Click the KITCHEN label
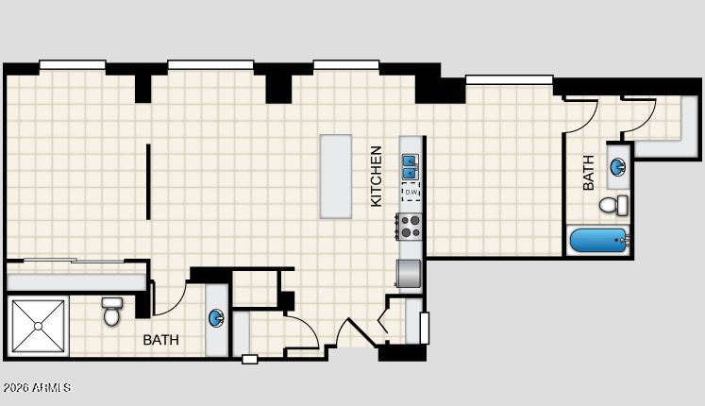(377, 177)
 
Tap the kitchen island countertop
(336, 177)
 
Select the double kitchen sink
(410, 167)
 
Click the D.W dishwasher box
(411, 192)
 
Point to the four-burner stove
(410, 227)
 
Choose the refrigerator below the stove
(409, 273)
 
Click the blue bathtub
(599, 241)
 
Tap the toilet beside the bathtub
(613, 206)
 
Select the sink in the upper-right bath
(618, 167)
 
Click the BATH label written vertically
(588, 173)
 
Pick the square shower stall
(38, 326)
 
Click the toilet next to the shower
(111, 312)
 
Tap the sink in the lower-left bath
(216, 318)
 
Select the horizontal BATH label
(161, 340)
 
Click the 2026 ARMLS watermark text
(37, 387)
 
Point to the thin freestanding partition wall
(148, 181)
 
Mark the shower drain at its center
(39, 326)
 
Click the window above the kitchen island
(346, 65)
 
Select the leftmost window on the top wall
(73, 65)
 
